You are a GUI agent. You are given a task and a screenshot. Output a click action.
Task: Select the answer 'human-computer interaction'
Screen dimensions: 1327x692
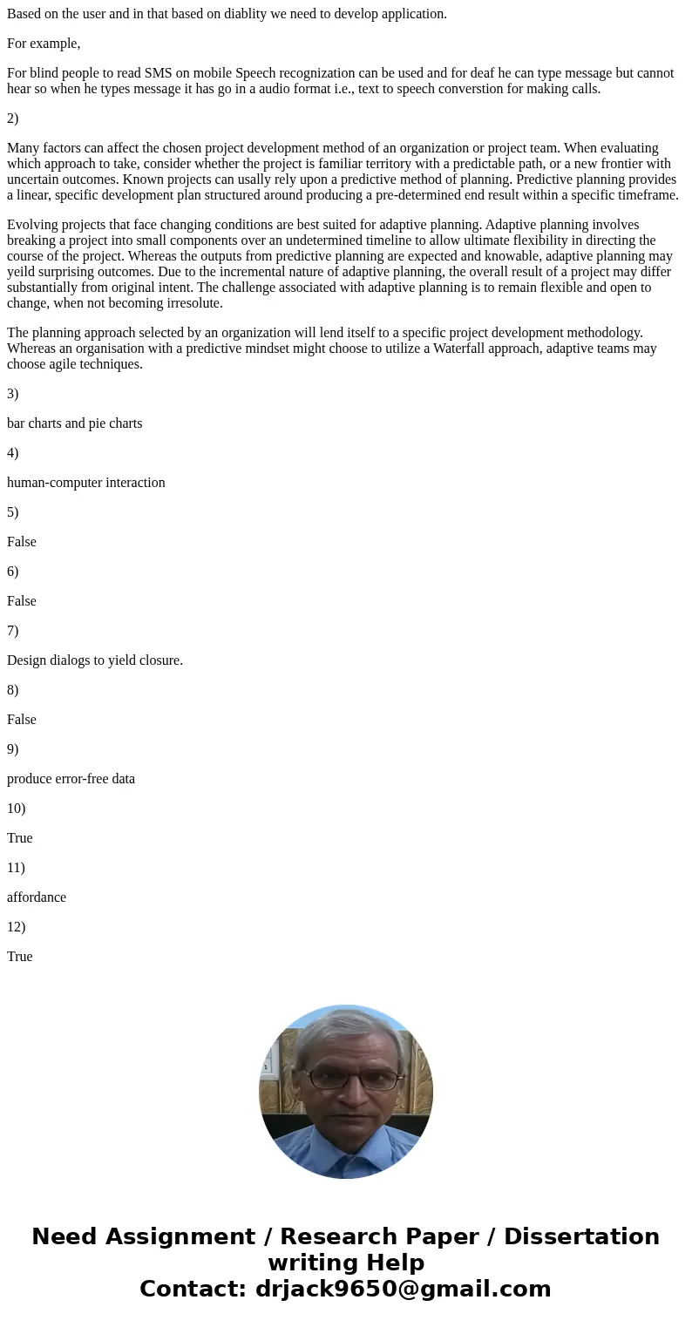point(86,483)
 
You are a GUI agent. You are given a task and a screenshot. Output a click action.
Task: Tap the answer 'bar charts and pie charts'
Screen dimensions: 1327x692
point(75,423)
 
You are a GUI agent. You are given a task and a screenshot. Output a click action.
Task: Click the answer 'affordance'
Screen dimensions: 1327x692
point(37,897)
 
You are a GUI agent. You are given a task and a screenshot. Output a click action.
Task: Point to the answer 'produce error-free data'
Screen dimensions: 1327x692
point(71,779)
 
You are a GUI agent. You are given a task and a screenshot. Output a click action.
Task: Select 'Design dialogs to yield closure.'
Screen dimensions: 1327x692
point(95,660)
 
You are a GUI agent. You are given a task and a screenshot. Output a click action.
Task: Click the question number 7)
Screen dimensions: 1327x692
point(13,631)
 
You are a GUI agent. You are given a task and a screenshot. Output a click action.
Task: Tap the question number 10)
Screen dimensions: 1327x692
point(17,809)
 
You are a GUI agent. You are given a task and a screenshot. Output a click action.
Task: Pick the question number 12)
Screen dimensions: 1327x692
point(17,927)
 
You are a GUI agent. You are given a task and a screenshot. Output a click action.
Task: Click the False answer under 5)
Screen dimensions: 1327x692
point(22,542)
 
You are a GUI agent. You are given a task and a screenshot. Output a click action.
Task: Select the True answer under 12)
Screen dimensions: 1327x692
point(20,957)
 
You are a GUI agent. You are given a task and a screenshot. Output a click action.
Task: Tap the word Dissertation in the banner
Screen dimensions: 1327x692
point(581,1237)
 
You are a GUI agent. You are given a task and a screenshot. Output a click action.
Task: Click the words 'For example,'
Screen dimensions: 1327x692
point(44,44)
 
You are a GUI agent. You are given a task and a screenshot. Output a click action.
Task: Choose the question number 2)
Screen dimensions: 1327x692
point(13,118)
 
